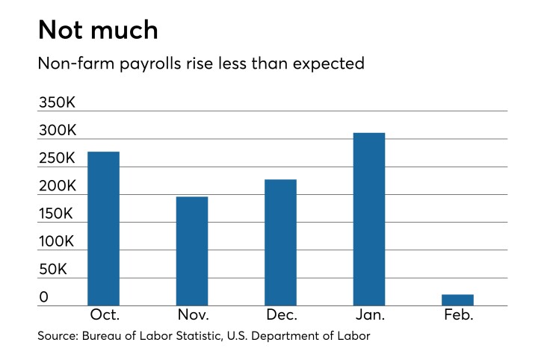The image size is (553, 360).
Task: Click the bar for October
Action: pos(103,229)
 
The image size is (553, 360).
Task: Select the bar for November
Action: pos(192,251)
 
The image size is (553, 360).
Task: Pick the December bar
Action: pos(280,242)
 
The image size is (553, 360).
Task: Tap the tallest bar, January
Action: pos(369,219)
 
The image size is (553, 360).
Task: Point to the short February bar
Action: pos(457,300)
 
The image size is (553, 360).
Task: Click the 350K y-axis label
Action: pos(58,102)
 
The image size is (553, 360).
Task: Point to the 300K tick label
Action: pos(58,131)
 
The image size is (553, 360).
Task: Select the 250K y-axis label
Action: pos(58,158)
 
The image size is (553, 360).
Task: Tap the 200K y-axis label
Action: pos(58,186)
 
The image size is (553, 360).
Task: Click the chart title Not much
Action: pos(98,30)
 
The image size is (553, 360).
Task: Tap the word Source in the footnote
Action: pos(58,337)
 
